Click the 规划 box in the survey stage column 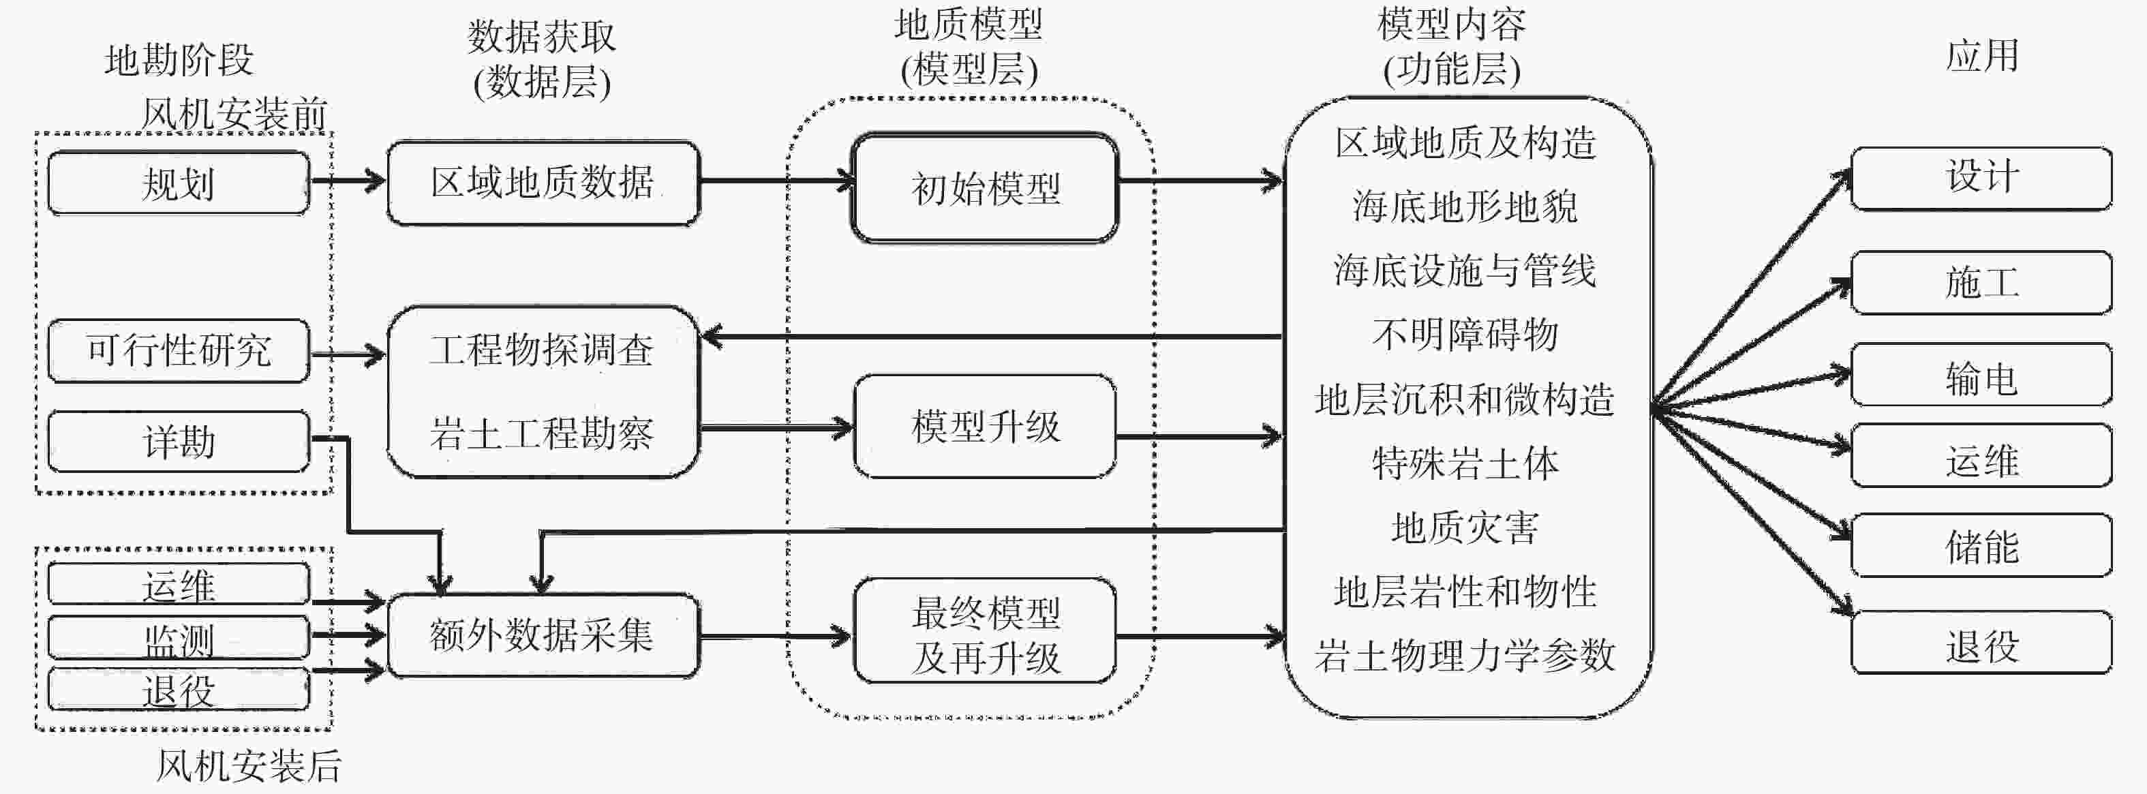tap(179, 183)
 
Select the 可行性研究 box tap(179, 351)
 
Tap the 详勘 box tap(179, 441)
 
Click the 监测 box tap(179, 637)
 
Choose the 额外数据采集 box tap(543, 635)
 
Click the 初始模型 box tap(984, 187)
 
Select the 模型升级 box tap(984, 426)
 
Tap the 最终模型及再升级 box tap(984, 630)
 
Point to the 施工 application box tap(1981, 282)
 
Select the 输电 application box tap(1981, 375)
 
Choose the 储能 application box tap(1981, 546)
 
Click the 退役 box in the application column tap(1981, 643)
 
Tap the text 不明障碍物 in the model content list tap(1465, 335)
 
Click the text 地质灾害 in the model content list tap(1465, 528)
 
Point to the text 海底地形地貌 tap(1465, 206)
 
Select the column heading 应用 tap(1982, 57)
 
